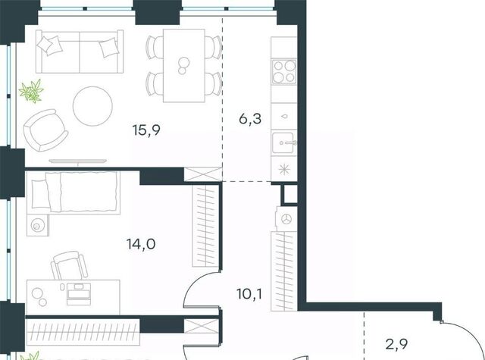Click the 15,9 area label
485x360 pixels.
point(146,130)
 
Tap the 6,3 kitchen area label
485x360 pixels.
point(250,118)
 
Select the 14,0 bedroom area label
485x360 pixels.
point(141,244)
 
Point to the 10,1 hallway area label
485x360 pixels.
point(249,293)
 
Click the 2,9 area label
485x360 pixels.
point(397,343)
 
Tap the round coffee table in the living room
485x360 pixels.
point(92,106)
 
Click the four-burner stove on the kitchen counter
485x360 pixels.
point(284,72)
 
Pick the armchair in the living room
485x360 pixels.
point(45,130)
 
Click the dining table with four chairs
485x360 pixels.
point(184,66)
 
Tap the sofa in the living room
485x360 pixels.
point(80,52)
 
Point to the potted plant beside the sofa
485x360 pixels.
point(31,91)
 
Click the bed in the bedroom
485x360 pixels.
point(74,192)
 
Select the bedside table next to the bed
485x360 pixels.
point(38,225)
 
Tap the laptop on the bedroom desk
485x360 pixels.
point(79,293)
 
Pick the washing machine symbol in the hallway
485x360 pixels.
point(286,219)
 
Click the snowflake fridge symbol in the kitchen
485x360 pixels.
point(284,169)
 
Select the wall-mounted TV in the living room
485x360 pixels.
point(78,161)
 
